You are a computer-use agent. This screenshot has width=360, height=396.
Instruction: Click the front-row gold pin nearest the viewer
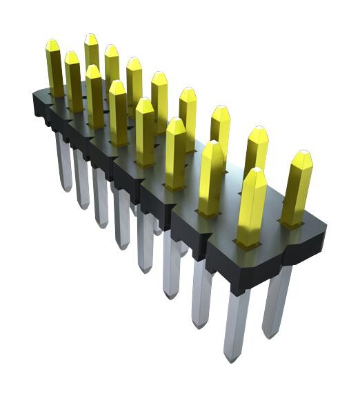coord(251,207)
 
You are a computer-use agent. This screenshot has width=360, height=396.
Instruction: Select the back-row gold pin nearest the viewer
coord(297,190)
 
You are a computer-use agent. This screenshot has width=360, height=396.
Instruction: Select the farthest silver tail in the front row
coord(63,162)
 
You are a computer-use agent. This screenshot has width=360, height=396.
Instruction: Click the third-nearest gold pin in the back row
coord(220,128)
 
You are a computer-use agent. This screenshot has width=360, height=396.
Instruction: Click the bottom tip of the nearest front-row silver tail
coord(232,357)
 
